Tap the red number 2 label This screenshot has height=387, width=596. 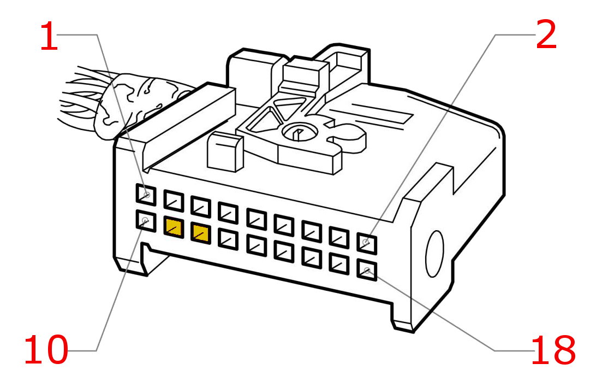546,35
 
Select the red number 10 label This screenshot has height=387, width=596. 46,350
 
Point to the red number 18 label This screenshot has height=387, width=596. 553,350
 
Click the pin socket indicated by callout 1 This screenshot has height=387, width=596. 146,195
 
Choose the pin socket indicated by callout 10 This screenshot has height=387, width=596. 146,221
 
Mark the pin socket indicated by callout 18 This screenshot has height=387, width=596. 367,270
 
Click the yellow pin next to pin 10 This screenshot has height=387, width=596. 174,227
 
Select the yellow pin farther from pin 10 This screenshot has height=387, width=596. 201,233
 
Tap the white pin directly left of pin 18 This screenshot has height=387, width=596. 339,263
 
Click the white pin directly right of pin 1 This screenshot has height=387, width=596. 174,200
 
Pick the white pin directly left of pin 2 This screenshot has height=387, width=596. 339,237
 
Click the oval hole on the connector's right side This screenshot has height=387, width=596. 434,254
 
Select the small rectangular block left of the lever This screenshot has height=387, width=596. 225,152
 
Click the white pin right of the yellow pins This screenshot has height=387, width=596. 228,239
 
